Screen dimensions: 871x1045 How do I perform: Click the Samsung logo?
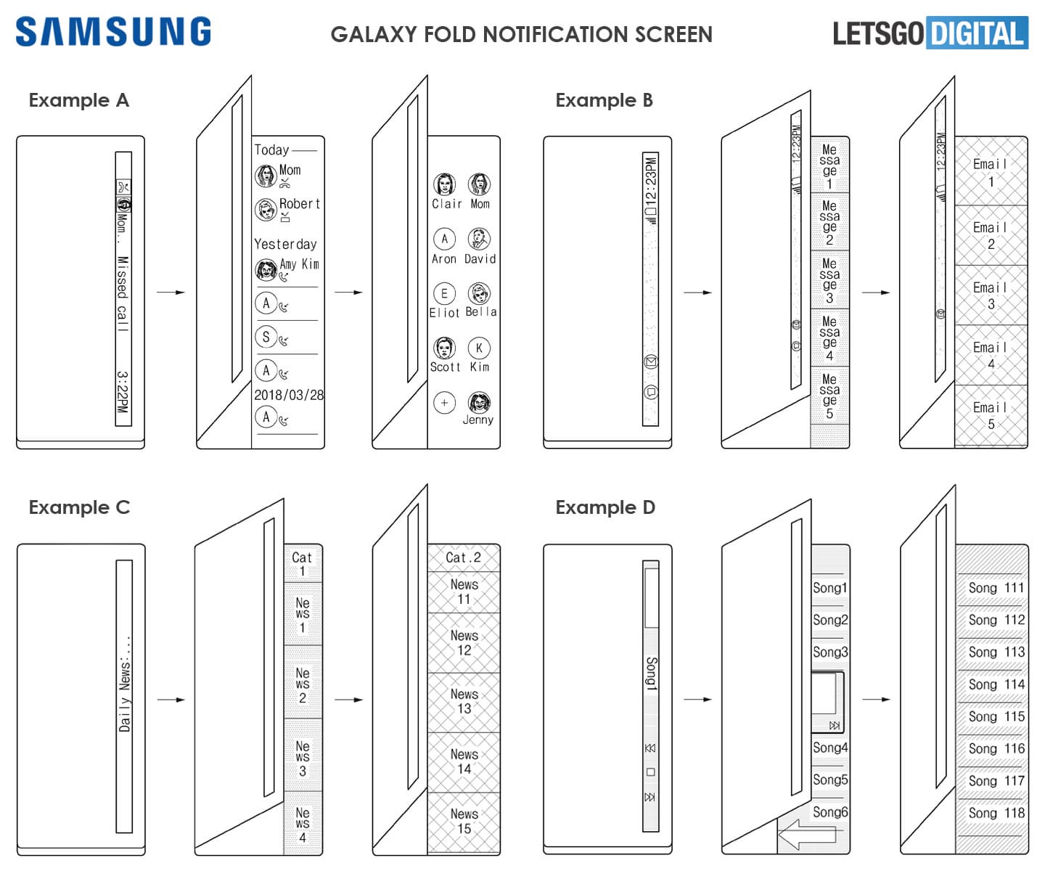[113, 32]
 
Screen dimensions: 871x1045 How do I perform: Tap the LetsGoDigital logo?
[930, 33]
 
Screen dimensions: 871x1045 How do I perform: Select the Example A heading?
[78, 100]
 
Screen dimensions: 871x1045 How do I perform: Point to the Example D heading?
[605, 507]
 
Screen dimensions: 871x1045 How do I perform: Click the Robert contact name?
[300, 204]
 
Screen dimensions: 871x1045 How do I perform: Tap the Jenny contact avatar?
[478, 402]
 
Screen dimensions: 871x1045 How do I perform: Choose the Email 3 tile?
[991, 295]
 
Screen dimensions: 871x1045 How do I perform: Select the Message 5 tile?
[829, 396]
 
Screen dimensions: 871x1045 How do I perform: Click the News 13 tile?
[464, 701]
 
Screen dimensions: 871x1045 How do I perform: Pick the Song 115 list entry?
[996, 716]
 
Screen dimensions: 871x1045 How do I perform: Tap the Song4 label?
[830, 748]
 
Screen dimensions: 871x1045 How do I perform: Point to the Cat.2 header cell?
[463, 557]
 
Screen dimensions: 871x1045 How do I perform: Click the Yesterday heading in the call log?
[285, 245]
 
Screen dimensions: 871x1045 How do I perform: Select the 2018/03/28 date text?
[288, 395]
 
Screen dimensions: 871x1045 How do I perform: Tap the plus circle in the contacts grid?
[444, 402]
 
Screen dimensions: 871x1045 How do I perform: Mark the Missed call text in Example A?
[123, 294]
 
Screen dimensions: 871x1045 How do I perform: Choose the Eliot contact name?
[444, 313]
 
